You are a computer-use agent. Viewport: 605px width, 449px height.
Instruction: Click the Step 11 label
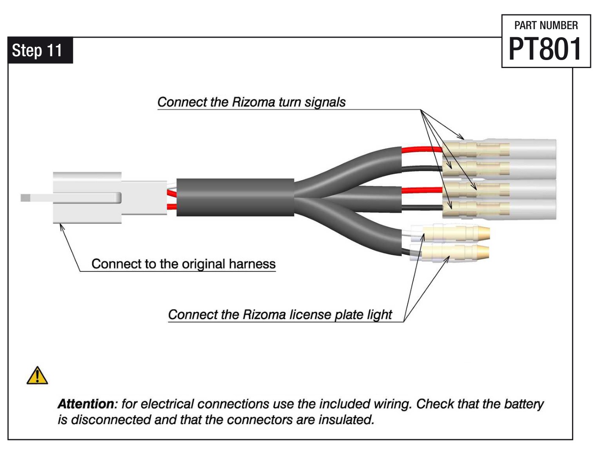click(x=37, y=50)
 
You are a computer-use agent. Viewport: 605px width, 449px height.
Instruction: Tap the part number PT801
click(x=545, y=49)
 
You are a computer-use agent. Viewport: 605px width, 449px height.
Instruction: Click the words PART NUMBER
click(x=546, y=25)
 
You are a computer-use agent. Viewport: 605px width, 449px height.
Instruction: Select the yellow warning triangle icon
click(x=37, y=375)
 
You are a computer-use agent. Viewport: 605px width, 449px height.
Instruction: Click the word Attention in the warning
click(x=86, y=404)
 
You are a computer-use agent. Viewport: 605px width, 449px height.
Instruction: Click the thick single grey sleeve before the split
click(x=235, y=197)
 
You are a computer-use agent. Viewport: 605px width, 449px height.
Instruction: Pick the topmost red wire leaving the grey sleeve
click(x=421, y=149)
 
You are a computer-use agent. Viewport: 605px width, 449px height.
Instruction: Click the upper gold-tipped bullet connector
click(x=457, y=233)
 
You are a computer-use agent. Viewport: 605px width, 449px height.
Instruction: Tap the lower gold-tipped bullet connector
click(x=457, y=252)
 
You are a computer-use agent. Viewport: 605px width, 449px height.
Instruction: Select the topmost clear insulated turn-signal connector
click(x=500, y=149)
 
